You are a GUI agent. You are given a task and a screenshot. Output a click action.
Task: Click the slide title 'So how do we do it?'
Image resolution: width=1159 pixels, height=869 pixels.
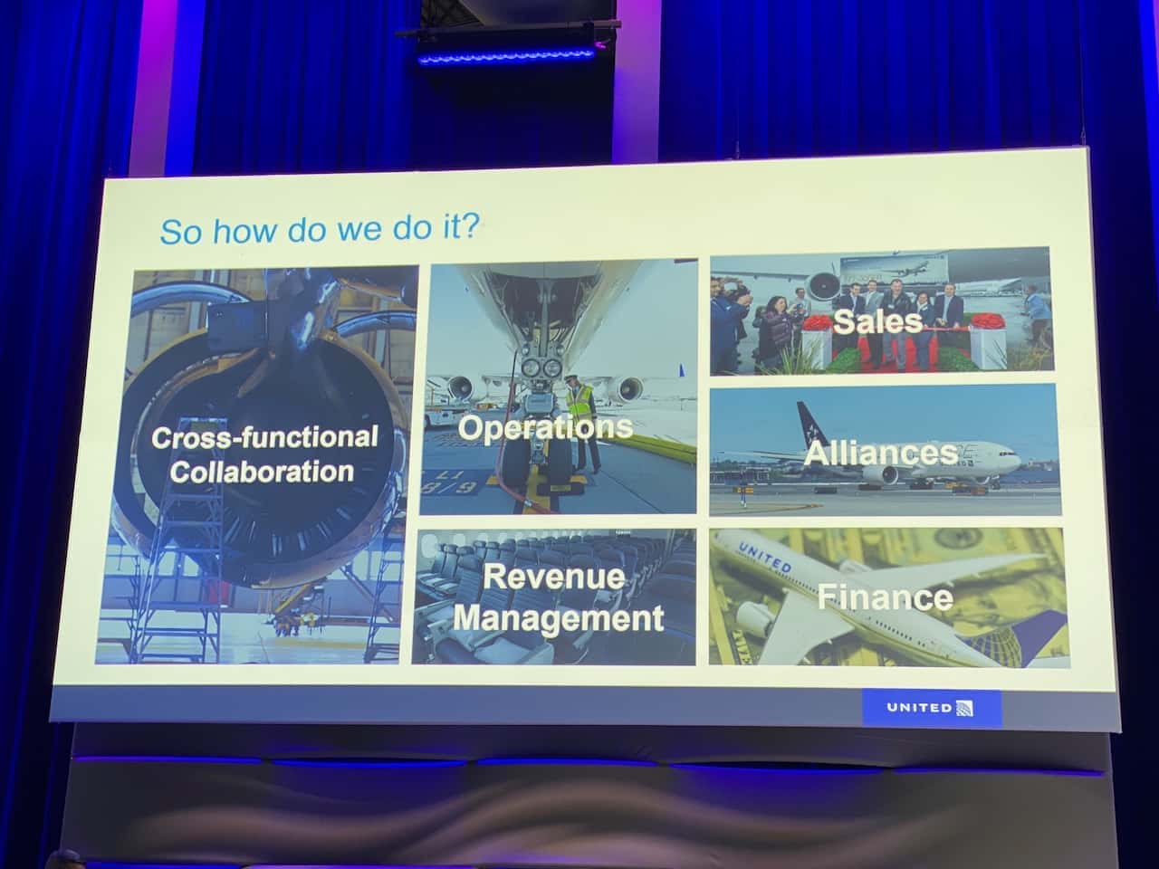click(x=320, y=230)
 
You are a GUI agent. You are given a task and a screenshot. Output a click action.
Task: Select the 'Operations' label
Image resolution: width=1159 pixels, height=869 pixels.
click(x=545, y=427)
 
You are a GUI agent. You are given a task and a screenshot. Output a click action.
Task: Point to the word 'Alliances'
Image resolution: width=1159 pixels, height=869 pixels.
click(x=881, y=454)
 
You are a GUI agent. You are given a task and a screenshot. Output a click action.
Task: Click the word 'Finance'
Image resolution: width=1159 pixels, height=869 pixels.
click(x=885, y=597)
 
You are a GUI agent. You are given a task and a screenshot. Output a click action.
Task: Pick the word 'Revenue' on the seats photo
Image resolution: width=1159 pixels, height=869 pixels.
click(x=554, y=577)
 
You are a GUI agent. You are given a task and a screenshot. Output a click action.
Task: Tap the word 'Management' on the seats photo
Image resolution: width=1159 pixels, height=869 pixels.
click(x=559, y=618)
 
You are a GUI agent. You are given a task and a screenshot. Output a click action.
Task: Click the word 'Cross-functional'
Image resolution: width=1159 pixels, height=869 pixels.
click(x=265, y=437)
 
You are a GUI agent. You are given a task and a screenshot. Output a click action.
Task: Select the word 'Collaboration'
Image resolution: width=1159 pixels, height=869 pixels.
click(x=262, y=472)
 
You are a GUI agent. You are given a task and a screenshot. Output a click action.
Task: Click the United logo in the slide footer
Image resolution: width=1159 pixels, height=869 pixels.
click(x=930, y=708)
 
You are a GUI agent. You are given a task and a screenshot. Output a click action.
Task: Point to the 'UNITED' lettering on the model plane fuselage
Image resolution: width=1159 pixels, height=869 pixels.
click(x=764, y=559)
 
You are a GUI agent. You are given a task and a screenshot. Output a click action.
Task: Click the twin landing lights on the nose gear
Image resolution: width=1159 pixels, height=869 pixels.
click(x=541, y=368)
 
